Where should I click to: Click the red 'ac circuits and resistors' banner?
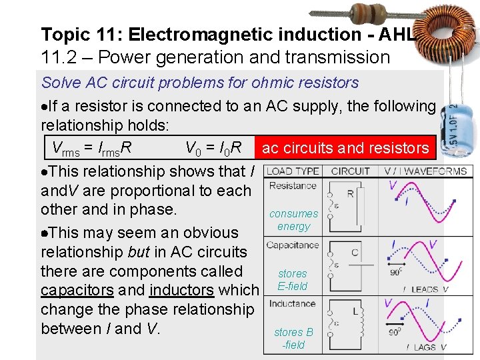[345, 148]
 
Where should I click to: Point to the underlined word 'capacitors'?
[77, 290]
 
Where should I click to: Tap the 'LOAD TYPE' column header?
[293, 171]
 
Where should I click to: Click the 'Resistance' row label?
[292, 185]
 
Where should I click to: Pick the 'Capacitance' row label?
[293, 245]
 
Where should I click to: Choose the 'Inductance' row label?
[293, 304]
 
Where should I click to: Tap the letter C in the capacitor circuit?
[354, 253]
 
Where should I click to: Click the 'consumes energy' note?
[293, 220]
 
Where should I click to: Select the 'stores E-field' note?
[293, 280]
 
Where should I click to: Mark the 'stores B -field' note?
[293, 339]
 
